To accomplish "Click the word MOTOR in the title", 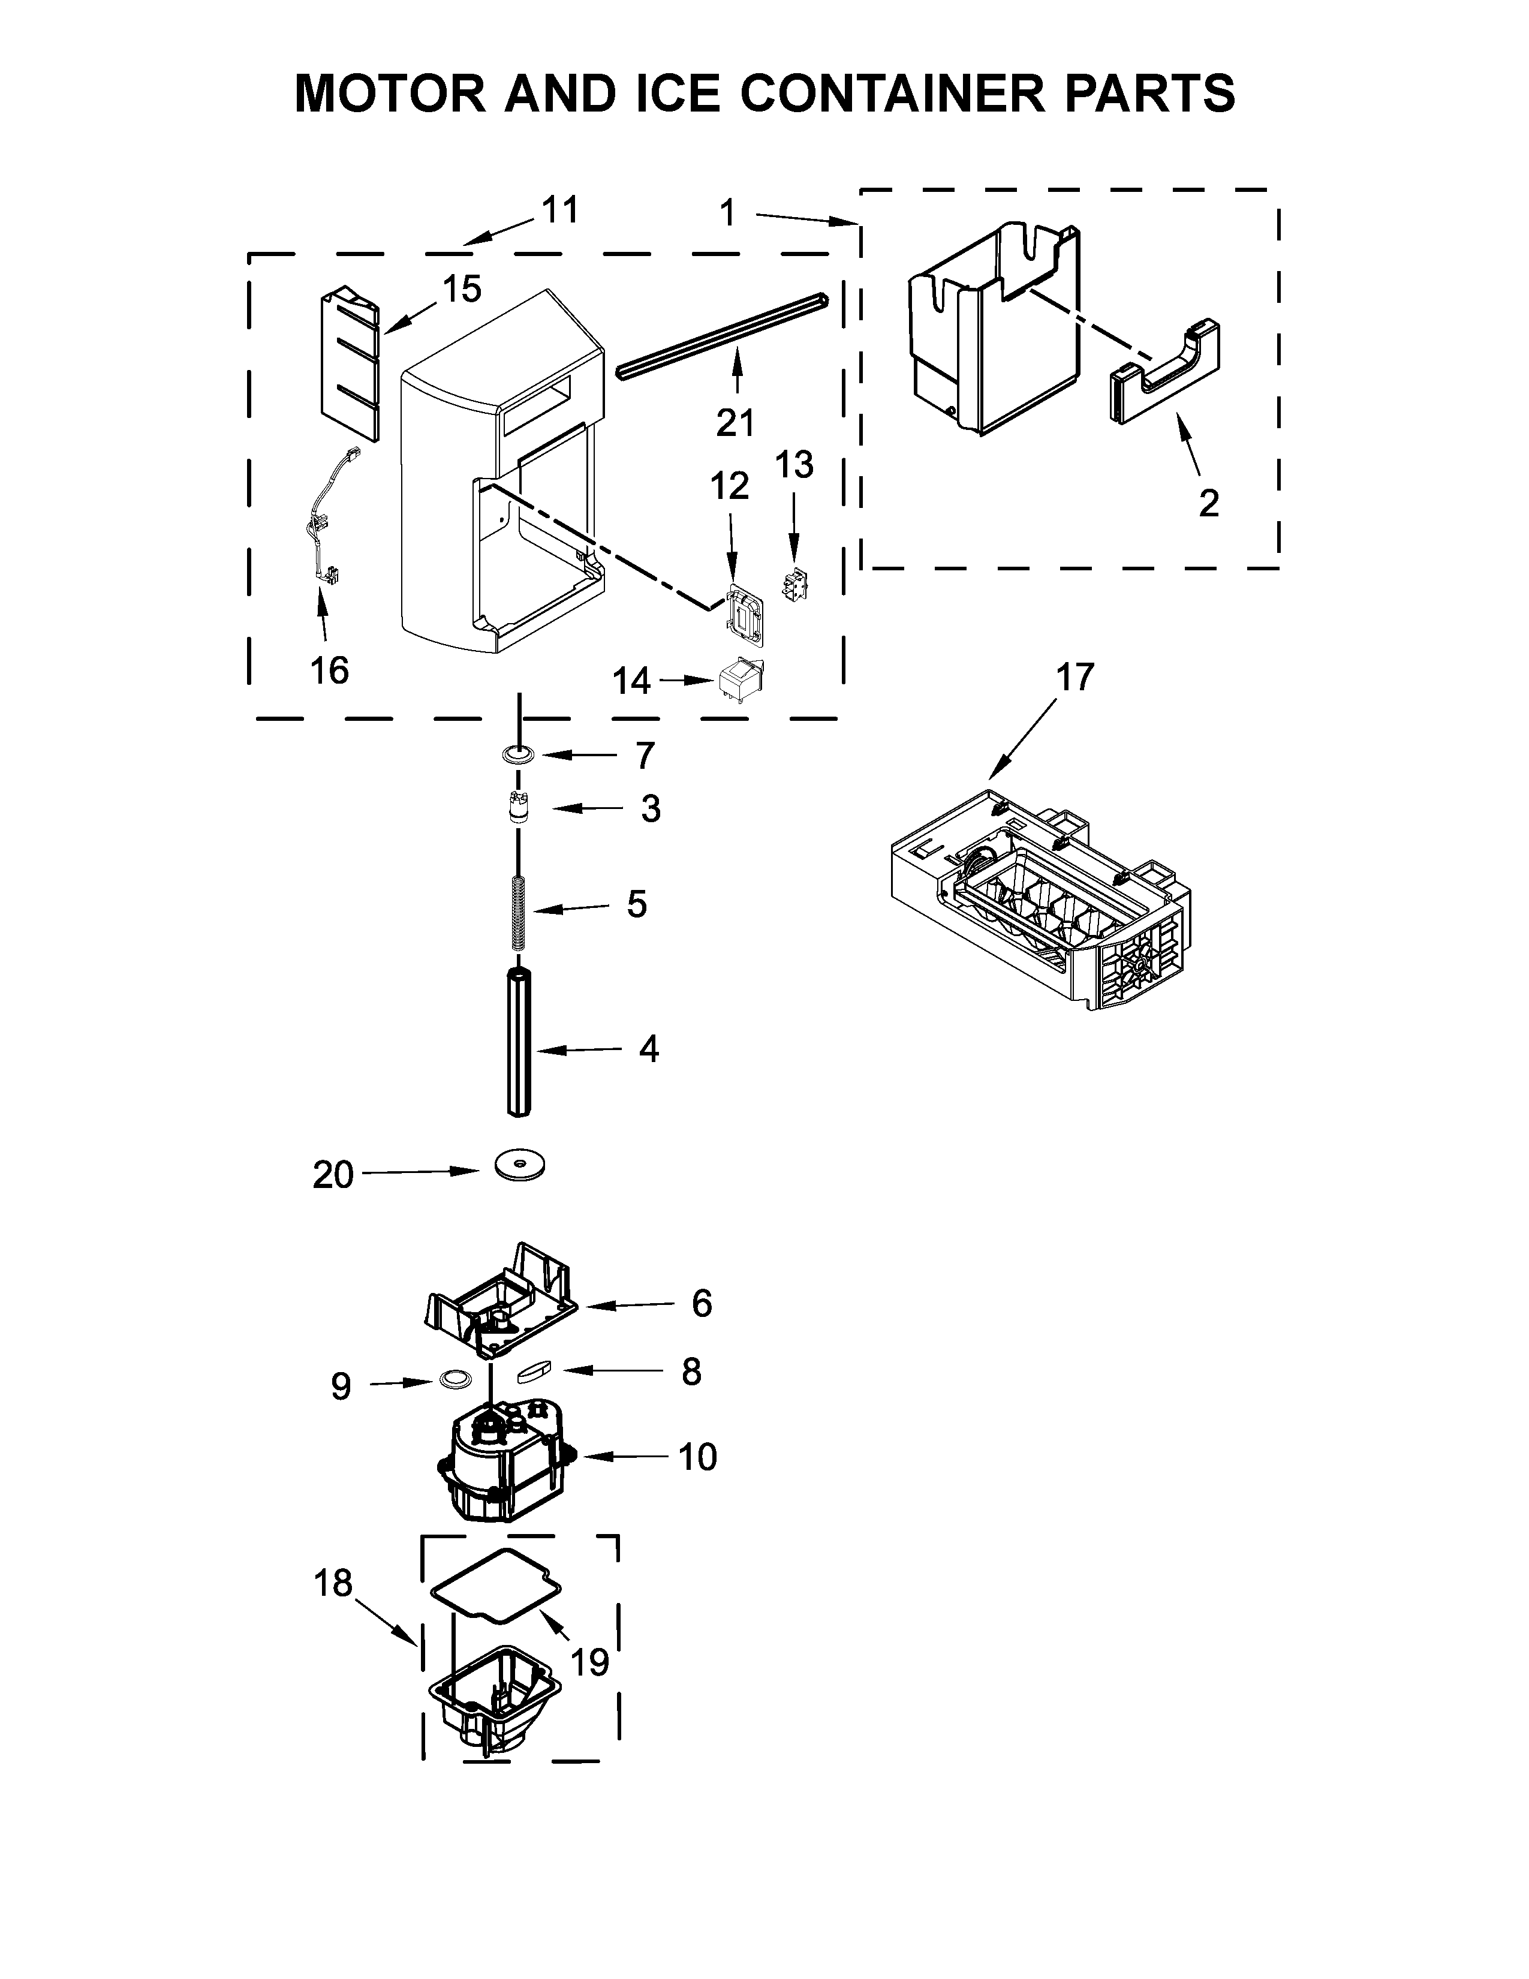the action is click(x=390, y=94).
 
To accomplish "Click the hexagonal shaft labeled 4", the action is click(x=517, y=1042).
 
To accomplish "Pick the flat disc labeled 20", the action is click(x=521, y=1165).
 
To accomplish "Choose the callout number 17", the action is click(x=1075, y=677).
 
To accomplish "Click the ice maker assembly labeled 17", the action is click(x=1042, y=897).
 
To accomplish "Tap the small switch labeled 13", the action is click(x=793, y=587).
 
